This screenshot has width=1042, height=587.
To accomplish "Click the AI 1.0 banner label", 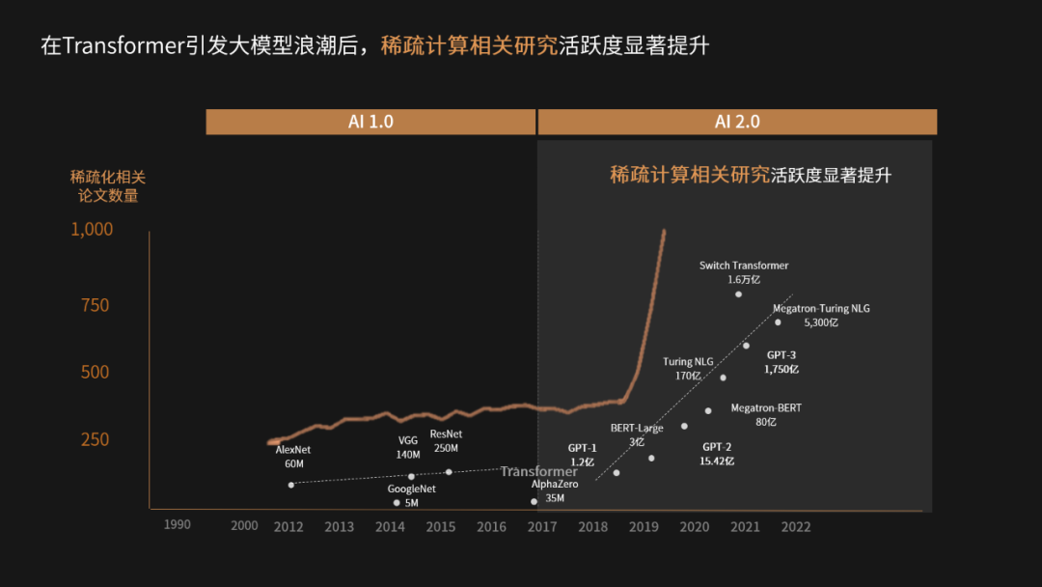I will click(370, 122).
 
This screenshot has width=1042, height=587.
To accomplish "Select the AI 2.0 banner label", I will click(737, 122).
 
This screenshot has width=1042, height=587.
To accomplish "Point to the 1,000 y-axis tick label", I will click(92, 229).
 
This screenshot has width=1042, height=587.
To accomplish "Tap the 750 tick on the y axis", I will click(94, 305).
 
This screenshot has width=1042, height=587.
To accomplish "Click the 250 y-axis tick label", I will click(94, 439).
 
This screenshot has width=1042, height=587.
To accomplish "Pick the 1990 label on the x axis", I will click(177, 524).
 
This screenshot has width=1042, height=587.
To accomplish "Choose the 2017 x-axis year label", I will click(542, 526).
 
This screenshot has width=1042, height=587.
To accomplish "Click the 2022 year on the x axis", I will click(796, 526).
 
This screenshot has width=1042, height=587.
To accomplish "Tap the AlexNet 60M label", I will click(293, 457).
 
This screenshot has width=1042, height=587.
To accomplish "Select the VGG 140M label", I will click(408, 447).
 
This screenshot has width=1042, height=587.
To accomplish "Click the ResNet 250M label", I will click(446, 441).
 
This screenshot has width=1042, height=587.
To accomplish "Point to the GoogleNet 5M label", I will click(411, 495).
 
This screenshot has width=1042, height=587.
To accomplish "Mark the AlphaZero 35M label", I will click(555, 490).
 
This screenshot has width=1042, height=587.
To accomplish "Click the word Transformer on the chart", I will click(538, 471).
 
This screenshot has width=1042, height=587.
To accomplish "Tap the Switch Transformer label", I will click(744, 271).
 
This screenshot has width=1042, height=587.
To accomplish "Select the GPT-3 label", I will click(781, 362).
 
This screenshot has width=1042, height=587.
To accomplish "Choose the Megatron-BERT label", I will click(766, 414).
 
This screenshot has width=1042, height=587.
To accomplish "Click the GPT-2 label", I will click(717, 454).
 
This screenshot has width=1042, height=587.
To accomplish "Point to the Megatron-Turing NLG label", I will click(821, 315).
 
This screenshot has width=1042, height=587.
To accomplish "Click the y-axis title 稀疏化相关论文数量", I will click(108, 186).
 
